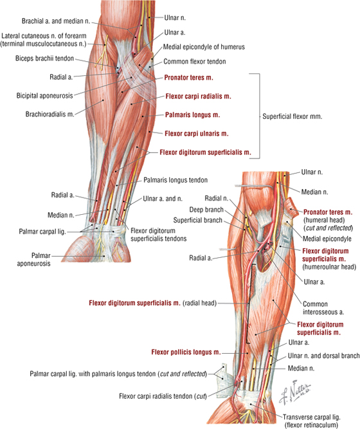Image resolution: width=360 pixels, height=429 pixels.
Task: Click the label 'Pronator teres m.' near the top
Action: [x=188, y=78]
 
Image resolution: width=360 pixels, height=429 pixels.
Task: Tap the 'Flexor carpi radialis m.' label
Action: [x=199, y=96]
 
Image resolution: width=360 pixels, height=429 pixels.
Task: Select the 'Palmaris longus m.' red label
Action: [x=192, y=115]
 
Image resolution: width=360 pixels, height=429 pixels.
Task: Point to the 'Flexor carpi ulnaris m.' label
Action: [x=197, y=134]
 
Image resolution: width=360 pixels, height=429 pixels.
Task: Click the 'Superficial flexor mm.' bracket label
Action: [x=292, y=116]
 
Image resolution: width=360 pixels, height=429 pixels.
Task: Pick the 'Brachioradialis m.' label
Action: [x=50, y=114]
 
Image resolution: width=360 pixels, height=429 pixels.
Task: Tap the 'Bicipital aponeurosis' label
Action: [x=44, y=95]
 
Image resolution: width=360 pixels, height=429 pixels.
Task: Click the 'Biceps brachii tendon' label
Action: [x=44, y=59]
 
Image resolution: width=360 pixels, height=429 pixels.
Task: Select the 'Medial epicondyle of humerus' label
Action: [x=204, y=47]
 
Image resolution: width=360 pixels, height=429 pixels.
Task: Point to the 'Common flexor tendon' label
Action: [x=195, y=62]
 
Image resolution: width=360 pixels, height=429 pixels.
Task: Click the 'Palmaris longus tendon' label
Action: [x=175, y=180]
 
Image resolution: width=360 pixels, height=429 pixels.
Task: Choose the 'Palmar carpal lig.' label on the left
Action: [x=42, y=232]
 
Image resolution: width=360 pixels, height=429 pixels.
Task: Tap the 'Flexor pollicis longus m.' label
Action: [x=186, y=352]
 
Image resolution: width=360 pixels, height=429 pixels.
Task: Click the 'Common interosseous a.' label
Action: [x=323, y=308]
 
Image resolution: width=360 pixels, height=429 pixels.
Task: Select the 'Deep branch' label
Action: [x=206, y=210]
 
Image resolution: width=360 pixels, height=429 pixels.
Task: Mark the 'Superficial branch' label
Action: [x=197, y=220]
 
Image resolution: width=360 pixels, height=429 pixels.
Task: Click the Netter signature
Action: [x=295, y=392]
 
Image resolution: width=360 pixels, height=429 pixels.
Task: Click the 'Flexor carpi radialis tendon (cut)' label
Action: [x=163, y=396]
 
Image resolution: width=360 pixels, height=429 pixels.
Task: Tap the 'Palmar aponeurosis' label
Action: [x=33, y=259]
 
